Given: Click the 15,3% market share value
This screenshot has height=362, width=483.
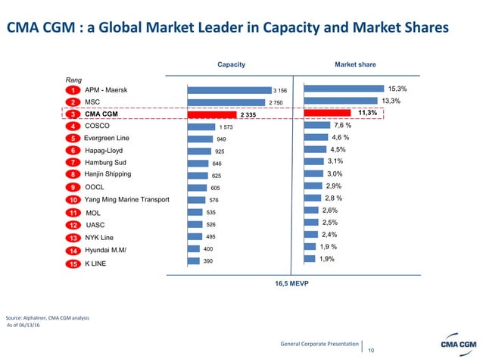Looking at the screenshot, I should pyautogui.click(x=397, y=89).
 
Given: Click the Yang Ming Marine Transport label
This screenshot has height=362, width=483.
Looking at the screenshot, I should pyautogui.click(x=126, y=199).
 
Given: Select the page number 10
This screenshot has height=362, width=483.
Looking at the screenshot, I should pyautogui.click(x=371, y=350).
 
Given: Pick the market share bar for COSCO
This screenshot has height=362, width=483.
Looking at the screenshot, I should pyautogui.click(x=316, y=126).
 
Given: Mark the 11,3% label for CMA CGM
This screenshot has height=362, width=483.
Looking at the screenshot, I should pyautogui.click(x=367, y=113).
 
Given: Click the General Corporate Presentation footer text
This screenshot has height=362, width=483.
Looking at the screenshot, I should pyautogui.click(x=319, y=344).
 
